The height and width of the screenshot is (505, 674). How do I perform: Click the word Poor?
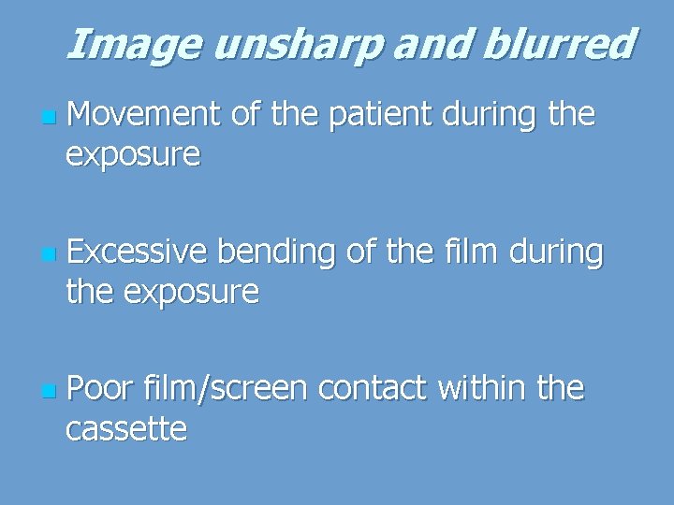[x=101, y=388]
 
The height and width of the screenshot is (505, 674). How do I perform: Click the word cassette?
[x=126, y=429]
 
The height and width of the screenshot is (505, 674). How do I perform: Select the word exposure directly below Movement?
[x=132, y=156]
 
